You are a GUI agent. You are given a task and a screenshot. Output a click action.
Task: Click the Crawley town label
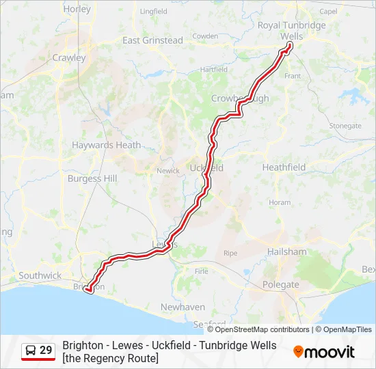pos(69,58)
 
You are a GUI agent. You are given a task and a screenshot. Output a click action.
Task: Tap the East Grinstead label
pos(152,40)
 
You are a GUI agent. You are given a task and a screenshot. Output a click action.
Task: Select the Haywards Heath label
pos(106,145)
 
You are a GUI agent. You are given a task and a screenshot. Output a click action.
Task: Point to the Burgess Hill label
pos(92,178)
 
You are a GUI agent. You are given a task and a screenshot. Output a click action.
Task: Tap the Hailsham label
pos(287,251)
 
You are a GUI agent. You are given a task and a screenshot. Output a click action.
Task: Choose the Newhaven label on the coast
pos(182,307)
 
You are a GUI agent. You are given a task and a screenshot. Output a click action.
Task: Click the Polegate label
pos(281,284)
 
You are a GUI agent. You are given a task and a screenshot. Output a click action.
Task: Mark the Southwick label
pos(40,275)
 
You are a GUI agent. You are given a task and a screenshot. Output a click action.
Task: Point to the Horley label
pos(77,10)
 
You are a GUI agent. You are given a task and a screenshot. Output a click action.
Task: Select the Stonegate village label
pos(345,126)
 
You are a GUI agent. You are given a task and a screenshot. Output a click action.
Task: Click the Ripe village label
pos(230,253)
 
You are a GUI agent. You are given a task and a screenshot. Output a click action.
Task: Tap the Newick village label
pos(167,171)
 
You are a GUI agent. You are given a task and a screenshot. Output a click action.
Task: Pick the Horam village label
pos(280,202)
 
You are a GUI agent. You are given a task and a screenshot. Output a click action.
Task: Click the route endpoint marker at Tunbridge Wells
pos(290,45)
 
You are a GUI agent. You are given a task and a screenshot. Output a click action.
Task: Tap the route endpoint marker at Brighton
pos(88,291)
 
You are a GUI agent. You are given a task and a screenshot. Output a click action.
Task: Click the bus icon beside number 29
pos(31,351)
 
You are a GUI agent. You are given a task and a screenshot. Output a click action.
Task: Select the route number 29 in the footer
pos(46,351)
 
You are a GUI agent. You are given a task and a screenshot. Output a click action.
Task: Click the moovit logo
pos(324,352)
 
